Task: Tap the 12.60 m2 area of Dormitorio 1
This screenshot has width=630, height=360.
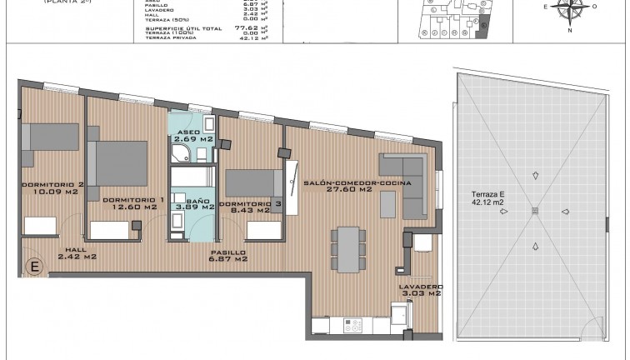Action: click(x=132, y=207)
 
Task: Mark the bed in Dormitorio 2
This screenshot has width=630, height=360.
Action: click(x=33, y=142)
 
